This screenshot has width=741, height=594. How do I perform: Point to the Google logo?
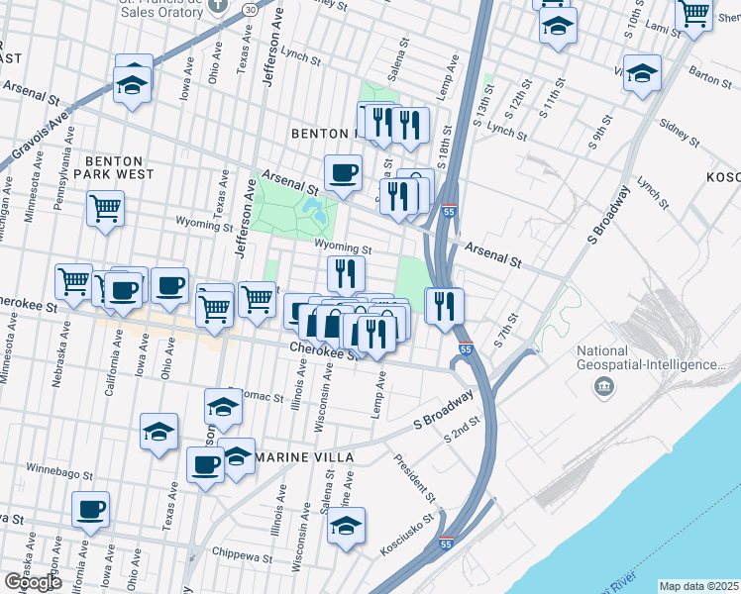[x=33, y=582]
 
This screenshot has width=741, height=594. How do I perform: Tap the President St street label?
[x=413, y=475]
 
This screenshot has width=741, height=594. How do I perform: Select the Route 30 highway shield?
[x=252, y=9]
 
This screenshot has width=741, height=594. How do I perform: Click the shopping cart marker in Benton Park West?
[x=105, y=208]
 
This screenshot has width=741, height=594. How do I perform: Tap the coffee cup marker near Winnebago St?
[x=90, y=509]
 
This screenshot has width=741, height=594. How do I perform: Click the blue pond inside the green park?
[x=315, y=209]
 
